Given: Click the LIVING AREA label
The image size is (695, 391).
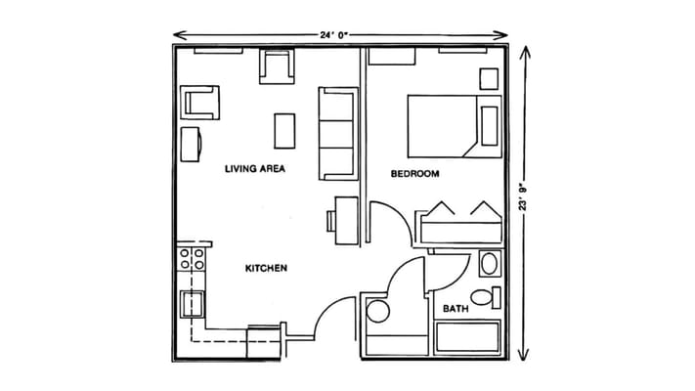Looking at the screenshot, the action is (x=255, y=168).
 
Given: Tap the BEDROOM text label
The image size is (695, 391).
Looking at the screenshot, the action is (x=414, y=174).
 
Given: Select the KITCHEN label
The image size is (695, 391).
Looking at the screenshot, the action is (x=266, y=268).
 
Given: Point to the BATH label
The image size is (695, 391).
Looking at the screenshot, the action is (x=456, y=309).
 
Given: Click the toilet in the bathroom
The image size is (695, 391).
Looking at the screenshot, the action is (x=486, y=297).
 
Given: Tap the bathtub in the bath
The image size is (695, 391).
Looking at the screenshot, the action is (x=467, y=337).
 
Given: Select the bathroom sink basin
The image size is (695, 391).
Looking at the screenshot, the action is (x=490, y=264).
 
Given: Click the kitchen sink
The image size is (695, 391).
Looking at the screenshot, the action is (x=192, y=304).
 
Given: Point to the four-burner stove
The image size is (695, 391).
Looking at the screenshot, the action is (x=192, y=259).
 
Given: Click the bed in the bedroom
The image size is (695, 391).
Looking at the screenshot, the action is (x=455, y=126).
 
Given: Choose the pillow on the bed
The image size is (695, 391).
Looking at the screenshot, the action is (x=490, y=126).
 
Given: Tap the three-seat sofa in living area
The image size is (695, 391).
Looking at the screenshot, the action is (x=338, y=134).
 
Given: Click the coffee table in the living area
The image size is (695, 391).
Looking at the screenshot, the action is (x=284, y=131).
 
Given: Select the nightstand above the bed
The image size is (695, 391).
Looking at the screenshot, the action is (x=489, y=79).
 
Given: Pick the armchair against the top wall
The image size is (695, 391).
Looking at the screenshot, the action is (x=277, y=66).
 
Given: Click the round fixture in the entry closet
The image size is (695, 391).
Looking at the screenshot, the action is (x=378, y=311).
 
